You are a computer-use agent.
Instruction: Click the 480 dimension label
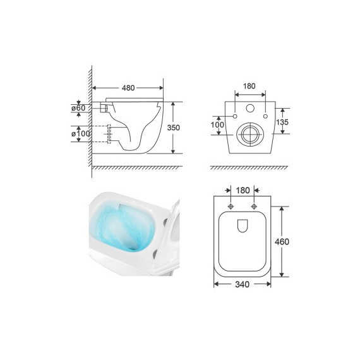128,88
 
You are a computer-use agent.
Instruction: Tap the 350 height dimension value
173,128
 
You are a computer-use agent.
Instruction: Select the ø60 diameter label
78,107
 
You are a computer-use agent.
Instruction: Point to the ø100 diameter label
81,133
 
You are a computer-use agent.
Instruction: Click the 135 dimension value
282,122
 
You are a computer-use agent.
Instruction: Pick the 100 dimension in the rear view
217,124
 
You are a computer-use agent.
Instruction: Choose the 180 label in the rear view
249,86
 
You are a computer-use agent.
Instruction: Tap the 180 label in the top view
243,190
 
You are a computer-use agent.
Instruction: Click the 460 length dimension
282,241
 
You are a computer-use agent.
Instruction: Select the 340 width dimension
243,284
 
